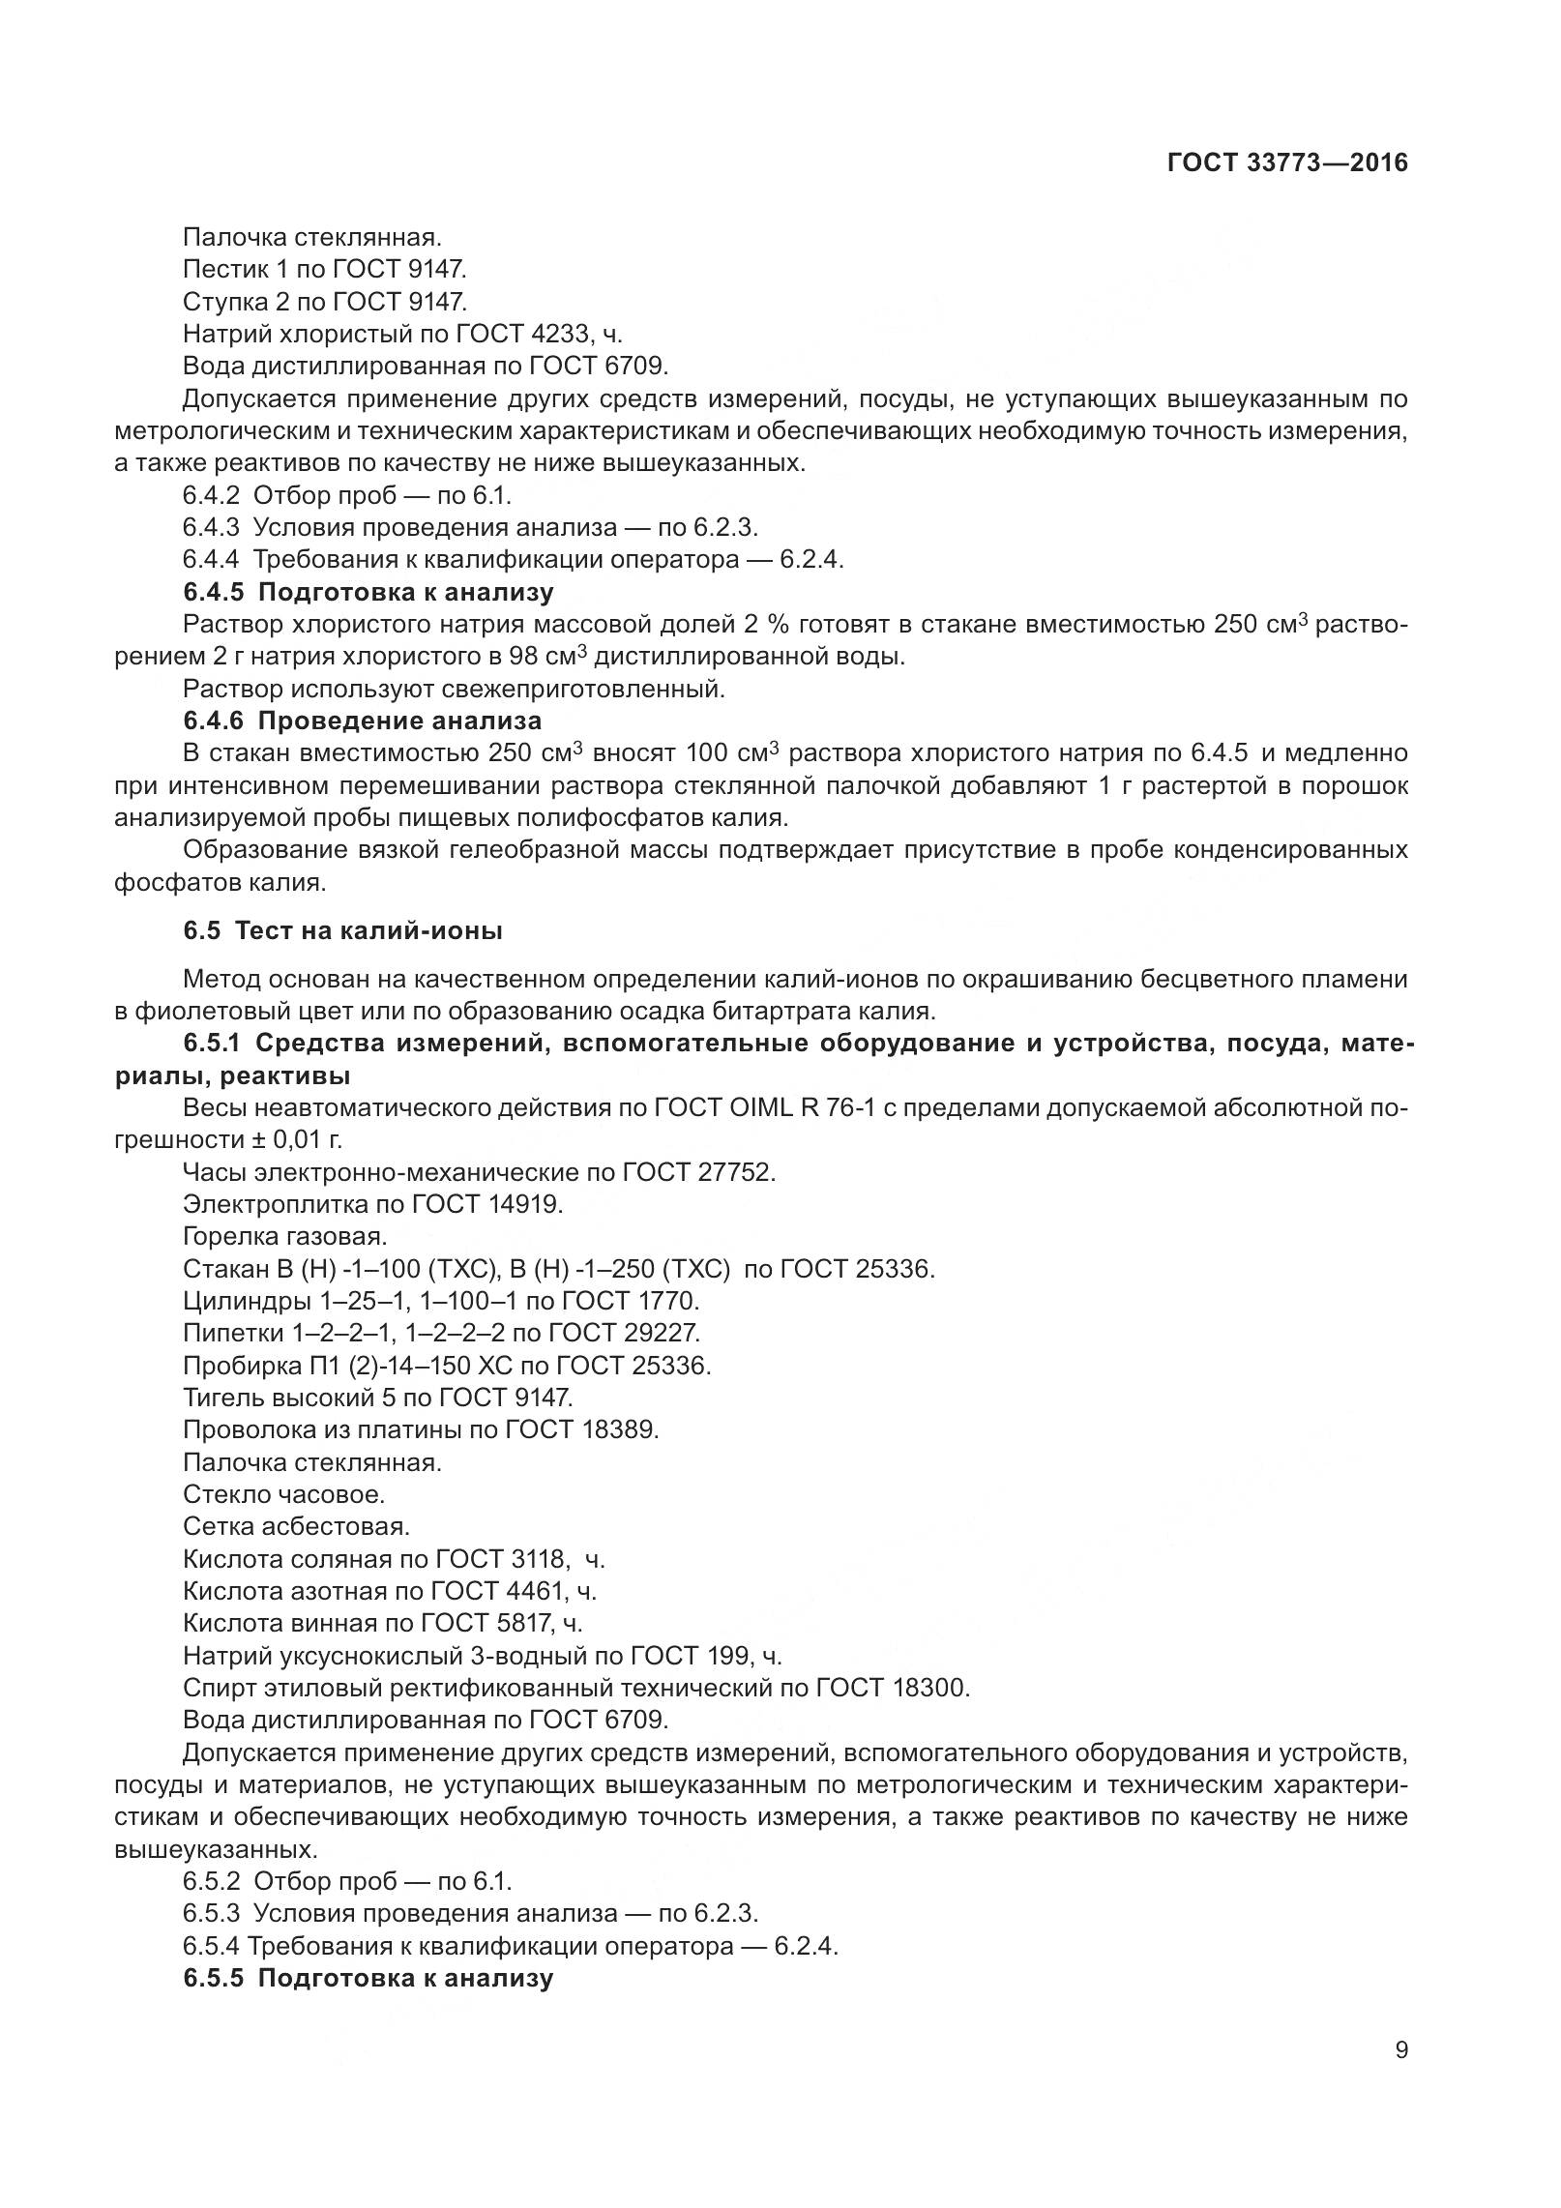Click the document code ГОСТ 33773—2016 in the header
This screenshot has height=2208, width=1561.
1287,162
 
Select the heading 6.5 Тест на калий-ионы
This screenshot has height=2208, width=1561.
342,931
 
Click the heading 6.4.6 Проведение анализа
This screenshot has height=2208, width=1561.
363,721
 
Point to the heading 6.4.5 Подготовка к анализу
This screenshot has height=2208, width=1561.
368,592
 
